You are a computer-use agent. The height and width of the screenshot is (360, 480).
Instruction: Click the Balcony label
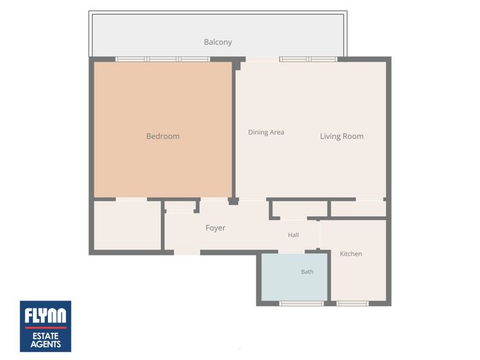click(217, 43)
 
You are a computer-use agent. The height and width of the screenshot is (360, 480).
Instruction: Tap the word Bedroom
click(163, 136)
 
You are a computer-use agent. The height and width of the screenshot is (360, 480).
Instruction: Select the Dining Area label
click(266, 132)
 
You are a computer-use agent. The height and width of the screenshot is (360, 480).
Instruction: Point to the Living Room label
click(342, 136)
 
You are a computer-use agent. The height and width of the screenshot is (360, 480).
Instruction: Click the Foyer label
click(215, 228)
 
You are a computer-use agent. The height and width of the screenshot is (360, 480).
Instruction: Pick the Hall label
click(293, 235)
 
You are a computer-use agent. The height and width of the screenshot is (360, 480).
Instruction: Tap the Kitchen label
click(351, 254)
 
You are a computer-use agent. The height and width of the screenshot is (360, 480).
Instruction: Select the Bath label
click(307, 272)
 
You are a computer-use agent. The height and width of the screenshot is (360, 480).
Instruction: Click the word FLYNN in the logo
click(45, 315)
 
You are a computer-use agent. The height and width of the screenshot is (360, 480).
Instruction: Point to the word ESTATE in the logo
click(46, 336)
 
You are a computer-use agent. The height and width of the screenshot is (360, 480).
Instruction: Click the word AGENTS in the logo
click(46, 344)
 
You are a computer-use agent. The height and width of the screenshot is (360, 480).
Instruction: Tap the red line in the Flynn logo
click(46, 328)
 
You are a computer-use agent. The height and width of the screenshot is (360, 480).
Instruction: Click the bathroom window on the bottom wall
click(302, 303)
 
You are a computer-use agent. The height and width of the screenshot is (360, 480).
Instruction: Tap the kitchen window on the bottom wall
click(352, 303)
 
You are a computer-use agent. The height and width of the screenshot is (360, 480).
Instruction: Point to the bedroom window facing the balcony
click(163, 59)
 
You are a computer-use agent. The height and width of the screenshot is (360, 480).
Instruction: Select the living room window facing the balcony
click(309, 59)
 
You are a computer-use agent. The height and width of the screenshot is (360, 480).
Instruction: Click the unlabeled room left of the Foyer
click(127, 226)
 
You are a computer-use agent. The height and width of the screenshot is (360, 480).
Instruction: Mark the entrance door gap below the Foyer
click(187, 252)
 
